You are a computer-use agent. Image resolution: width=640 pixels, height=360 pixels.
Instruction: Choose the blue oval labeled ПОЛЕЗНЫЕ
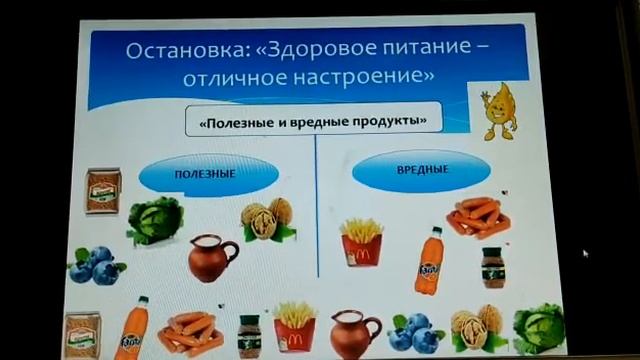[203, 174]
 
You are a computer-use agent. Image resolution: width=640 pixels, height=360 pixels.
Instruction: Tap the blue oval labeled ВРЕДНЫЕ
[394, 170]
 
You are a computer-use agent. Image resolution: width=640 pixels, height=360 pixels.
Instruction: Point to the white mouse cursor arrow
[585, 254]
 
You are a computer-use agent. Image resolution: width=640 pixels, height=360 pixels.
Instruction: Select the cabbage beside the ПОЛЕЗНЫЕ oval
[154, 222]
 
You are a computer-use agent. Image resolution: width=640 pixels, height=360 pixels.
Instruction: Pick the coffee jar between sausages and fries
[250, 334]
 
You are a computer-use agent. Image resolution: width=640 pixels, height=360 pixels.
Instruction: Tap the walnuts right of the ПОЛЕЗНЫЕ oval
[267, 221]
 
